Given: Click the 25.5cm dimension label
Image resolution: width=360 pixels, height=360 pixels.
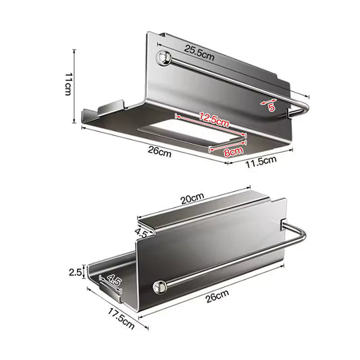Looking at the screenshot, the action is [199, 53].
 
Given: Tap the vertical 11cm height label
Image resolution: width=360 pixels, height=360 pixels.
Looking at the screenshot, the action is [68, 84].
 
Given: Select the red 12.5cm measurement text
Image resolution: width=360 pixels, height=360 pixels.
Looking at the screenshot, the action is [214, 120].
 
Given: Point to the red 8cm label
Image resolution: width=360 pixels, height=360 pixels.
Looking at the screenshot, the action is [234, 152].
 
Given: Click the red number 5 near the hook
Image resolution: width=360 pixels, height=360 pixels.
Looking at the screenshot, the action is [272, 107].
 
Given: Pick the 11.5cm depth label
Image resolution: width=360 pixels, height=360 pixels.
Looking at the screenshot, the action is [261, 162].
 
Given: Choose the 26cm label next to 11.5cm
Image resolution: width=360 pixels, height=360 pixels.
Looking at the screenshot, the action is [159, 151].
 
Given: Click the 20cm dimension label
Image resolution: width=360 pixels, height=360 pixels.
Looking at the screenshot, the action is [192, 199].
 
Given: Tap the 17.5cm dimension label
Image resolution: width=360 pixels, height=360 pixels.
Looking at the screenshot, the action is [121, 318].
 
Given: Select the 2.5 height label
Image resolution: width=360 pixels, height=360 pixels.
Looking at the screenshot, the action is [75, 272].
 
